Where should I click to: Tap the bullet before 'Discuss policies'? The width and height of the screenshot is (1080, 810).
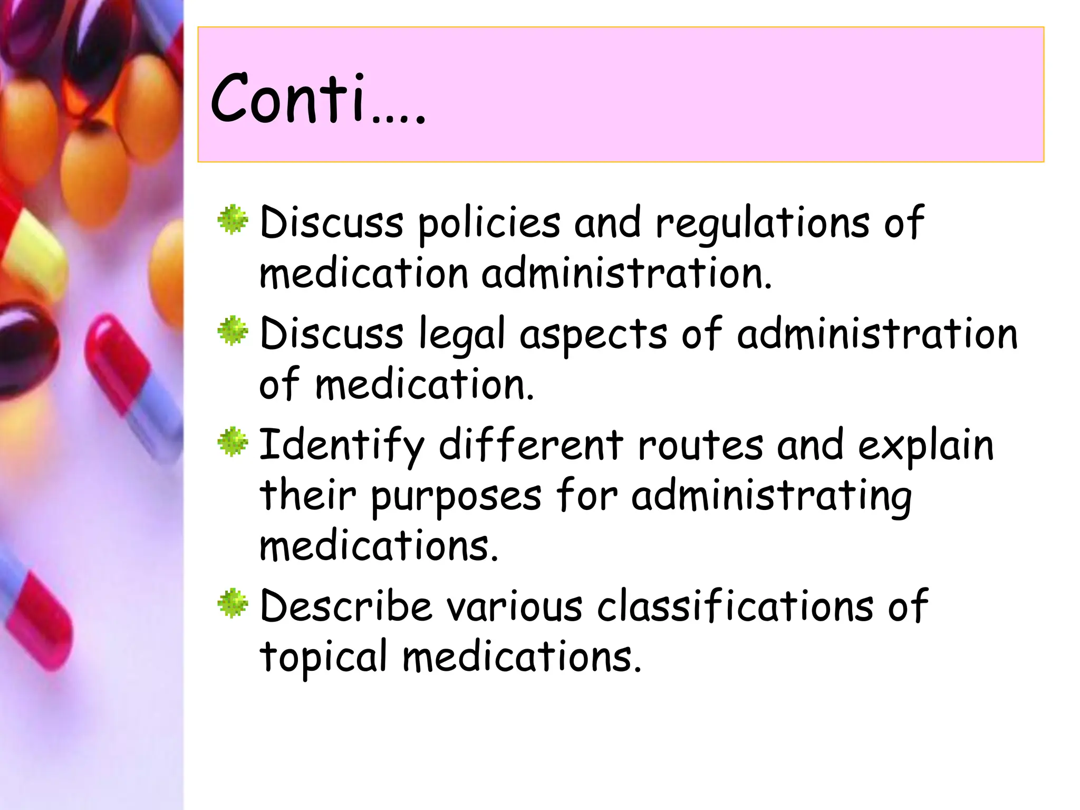(x=233, y=220)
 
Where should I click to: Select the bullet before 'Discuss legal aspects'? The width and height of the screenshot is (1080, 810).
(x=233, y=332)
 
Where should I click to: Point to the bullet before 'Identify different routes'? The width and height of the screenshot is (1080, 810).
(x=233, y=442)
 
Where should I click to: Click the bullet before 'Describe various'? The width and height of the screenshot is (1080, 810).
(x=233, y=603)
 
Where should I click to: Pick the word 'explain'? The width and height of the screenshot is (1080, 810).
(x=925, y=446)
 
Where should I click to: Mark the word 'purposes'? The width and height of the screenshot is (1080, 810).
(x=456, y=497)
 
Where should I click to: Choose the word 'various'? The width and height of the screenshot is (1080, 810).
(x=515, y=606)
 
